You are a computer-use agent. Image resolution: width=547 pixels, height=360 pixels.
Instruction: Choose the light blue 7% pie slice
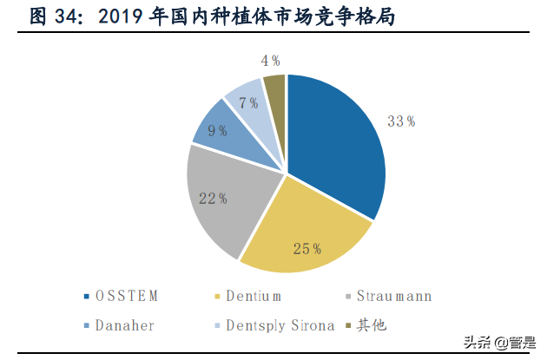tap(247, 102)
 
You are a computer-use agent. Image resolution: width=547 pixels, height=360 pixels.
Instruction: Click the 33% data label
tap(400, 121)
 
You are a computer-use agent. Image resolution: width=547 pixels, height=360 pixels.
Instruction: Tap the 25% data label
tap(306, 250)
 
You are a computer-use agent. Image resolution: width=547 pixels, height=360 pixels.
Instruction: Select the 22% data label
tap(212, 199)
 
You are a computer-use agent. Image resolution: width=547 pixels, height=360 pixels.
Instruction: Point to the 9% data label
tap(218, 131)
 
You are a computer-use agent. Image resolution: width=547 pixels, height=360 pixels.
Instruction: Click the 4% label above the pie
tap(270, 61)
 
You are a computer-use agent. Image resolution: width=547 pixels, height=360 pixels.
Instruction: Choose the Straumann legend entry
tap(390, 297)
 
